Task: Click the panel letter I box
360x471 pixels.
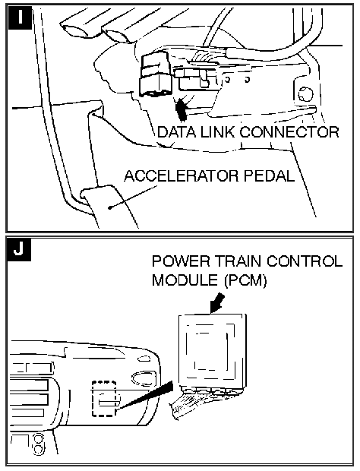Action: [20, 17]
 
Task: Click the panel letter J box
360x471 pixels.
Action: [20, 249]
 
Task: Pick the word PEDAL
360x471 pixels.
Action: [269, 175]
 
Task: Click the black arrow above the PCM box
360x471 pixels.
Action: [216, 304]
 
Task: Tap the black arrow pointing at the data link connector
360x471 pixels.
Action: [182, 109]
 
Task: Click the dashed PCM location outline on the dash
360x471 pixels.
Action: [104, 399]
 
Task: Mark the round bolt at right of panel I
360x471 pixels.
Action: [305, 94]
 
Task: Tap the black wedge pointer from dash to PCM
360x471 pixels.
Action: [145, 396]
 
